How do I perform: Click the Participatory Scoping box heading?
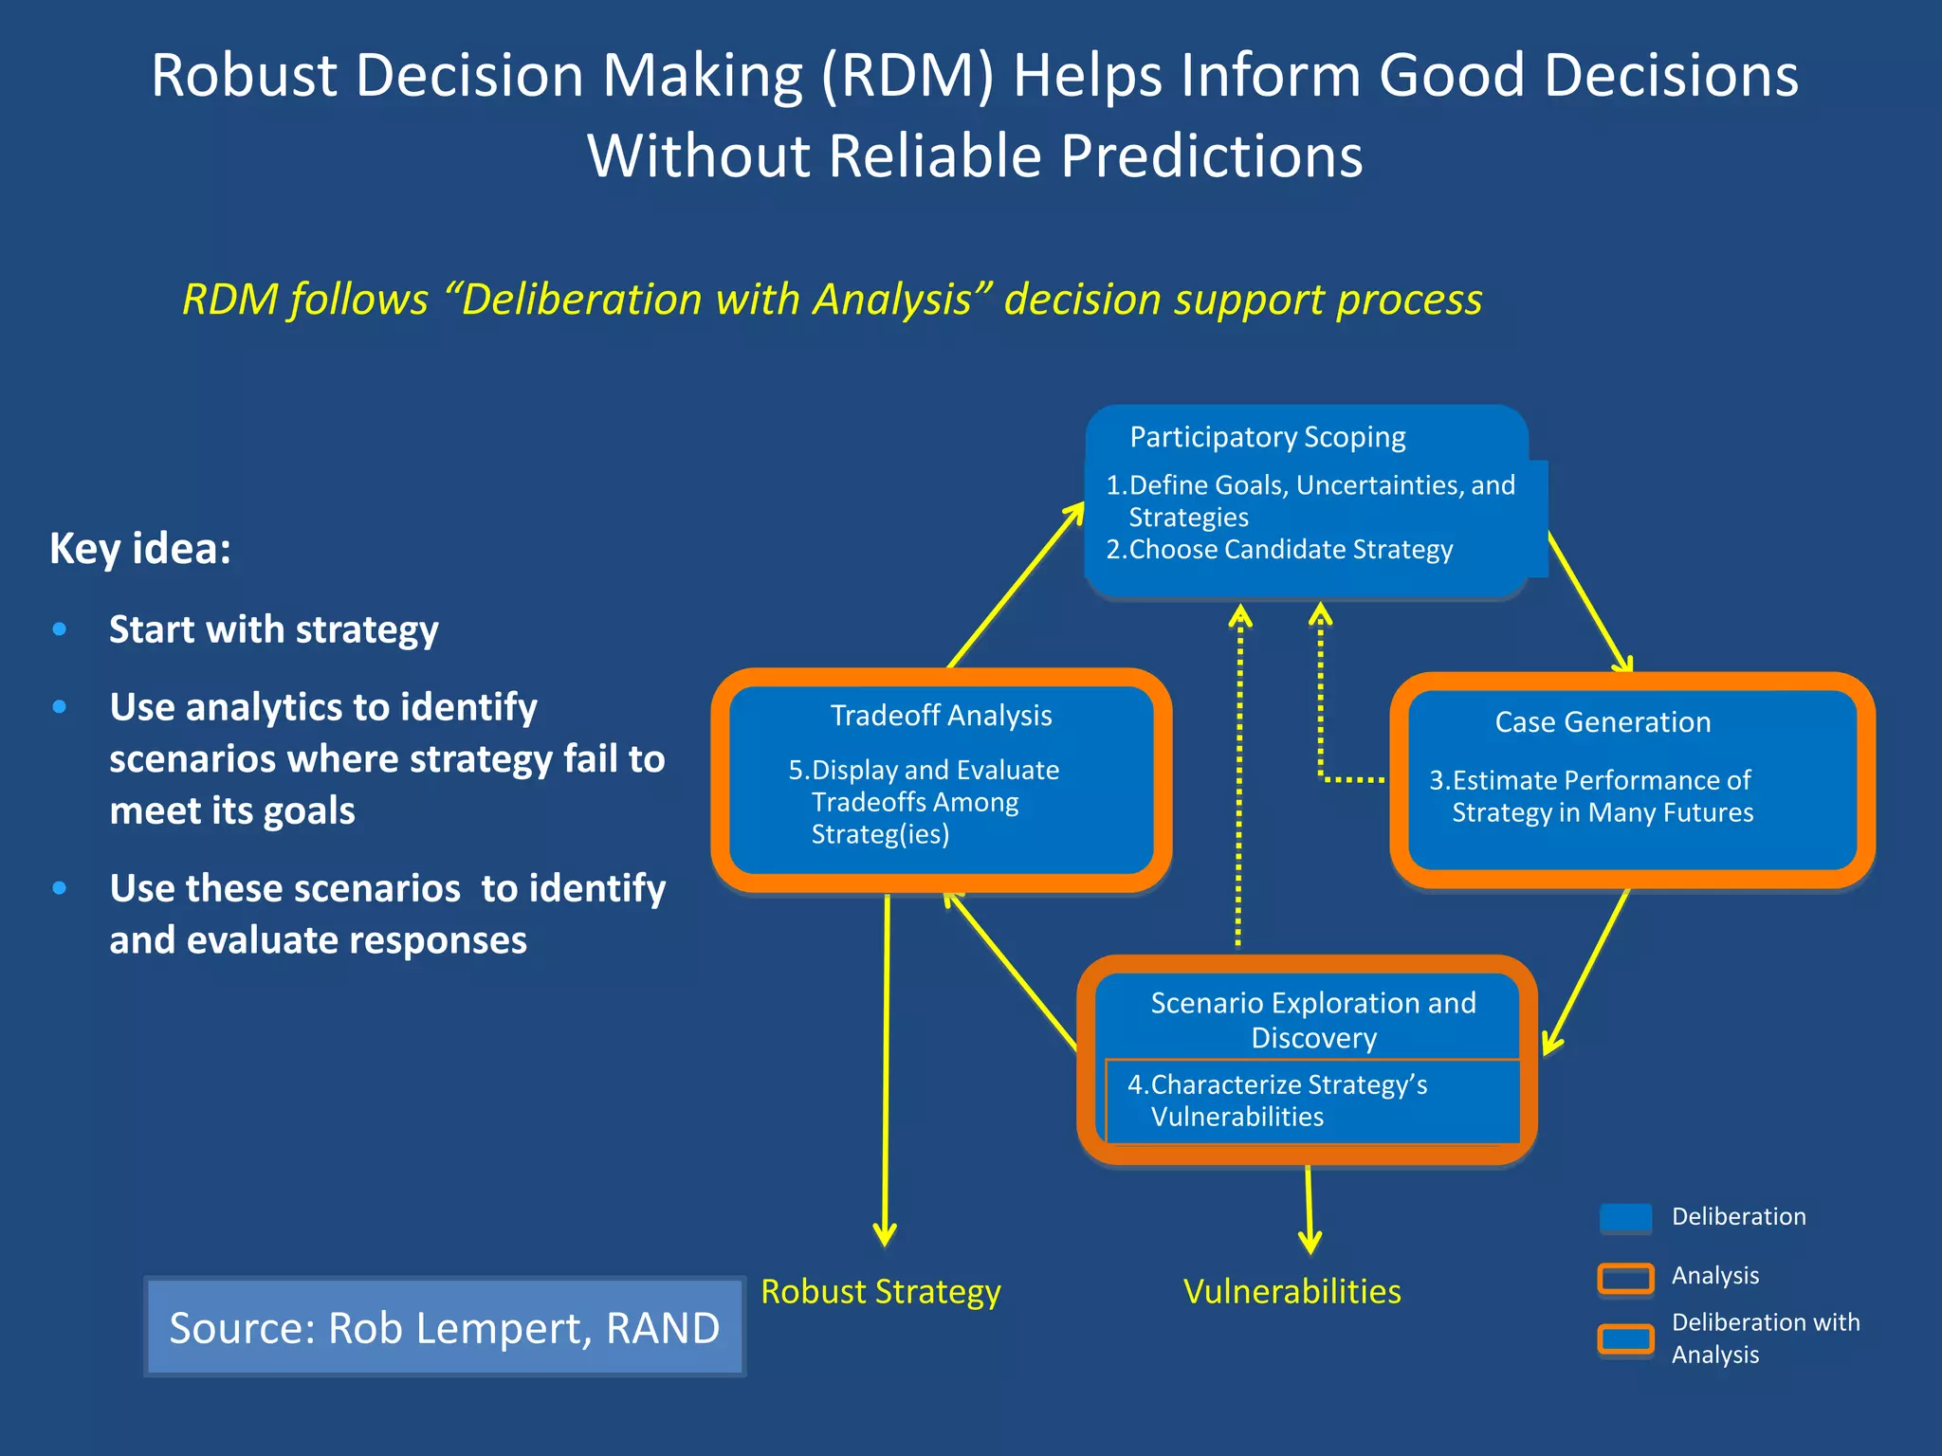[1267, 437]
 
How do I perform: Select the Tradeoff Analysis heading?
[941, 716]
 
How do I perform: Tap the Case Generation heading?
[1603, 722]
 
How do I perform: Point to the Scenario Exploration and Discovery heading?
[1313, 1020]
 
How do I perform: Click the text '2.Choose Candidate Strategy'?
[1279, 550]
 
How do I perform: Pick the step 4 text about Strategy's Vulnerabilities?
[1276, 1101]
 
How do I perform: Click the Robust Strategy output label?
[880, 1292]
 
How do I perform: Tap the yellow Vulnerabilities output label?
[1292, 1292]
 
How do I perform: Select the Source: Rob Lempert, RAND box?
[444, 1327]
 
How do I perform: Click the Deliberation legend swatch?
[1625, 1218]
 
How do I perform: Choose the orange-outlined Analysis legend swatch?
[1625, 1278]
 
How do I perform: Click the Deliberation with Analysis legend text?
[1765, 1338]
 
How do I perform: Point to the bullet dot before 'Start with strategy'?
[60, 629]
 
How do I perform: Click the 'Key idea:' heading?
[140, 549]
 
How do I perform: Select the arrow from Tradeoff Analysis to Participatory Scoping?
[1015, 588]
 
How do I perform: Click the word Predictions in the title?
[1211, 155]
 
